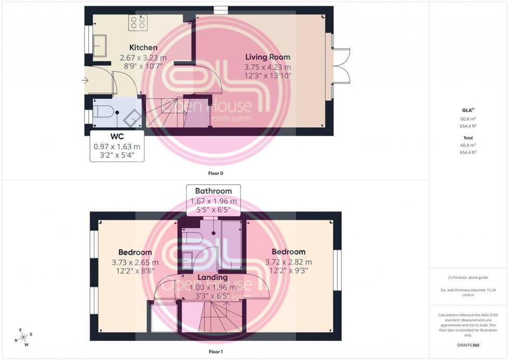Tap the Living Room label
(x=267, y=57)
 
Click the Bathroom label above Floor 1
(x=213, y=191)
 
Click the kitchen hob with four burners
(x=138, y=22)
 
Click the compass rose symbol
(x=23, y=336)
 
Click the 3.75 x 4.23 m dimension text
(x=267, y=67)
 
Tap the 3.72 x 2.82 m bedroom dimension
(x=288, y=262)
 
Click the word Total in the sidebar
(x=468, y=138)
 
